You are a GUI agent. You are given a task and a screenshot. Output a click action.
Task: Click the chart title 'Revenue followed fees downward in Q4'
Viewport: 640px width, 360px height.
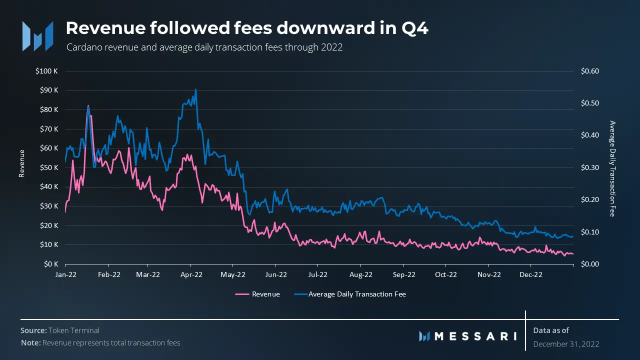[247, 28]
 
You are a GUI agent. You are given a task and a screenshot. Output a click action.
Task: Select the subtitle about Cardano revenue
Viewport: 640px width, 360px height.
[204, 47]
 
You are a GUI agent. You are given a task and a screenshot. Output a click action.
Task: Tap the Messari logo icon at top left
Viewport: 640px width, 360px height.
[37, 36]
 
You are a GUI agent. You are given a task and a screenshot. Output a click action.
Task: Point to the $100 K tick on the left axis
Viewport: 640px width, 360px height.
[47, 71]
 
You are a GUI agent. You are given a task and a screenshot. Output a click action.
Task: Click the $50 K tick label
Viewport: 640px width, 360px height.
[49, 167]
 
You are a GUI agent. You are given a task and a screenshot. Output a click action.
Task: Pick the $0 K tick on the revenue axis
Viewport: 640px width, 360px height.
[50, 264]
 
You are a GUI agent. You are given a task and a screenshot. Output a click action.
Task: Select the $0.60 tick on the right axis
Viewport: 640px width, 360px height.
[589, 71]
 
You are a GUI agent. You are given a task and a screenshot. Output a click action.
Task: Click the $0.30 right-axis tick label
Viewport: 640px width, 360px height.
[589, 167]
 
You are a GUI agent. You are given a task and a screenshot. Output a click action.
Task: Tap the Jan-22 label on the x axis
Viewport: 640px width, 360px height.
[65, 274]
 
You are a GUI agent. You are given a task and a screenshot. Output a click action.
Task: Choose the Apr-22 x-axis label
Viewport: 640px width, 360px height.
[190, 274]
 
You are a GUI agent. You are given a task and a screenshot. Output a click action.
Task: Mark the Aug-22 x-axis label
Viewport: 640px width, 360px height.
[361, 274]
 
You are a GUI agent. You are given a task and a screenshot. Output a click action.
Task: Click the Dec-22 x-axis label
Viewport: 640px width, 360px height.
[531, 274]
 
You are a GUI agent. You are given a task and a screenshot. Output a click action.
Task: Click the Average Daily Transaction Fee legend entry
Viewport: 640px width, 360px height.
[356, 294]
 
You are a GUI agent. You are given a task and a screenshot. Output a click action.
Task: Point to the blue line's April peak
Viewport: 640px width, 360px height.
[195, 89]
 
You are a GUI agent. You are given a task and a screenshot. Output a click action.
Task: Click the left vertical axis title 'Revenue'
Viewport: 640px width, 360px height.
[21, 163]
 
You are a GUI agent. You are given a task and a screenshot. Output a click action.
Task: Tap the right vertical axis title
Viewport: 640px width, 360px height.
[612, 168]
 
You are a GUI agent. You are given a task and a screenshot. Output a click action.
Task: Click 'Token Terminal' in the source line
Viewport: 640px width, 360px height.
[74, 330]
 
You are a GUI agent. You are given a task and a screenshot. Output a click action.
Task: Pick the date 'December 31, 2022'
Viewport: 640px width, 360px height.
[566, 344]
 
